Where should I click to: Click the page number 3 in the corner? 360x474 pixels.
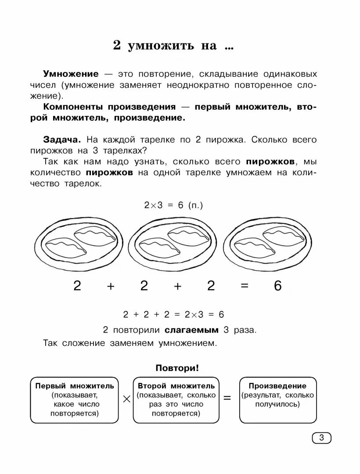coord(321,438)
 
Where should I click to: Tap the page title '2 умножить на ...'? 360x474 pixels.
coord(174,46)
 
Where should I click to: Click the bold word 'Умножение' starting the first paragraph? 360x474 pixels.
coord(71,74)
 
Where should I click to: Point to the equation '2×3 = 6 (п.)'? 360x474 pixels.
coord(174,205)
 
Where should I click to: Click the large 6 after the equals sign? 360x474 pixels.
coord(277,286)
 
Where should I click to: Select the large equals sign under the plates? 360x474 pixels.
coord(245,286)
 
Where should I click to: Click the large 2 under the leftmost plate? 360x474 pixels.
coord(77,286)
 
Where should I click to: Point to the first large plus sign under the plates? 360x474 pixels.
coord(111,286)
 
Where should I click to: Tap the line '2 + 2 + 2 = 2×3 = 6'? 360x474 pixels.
coord(174,314)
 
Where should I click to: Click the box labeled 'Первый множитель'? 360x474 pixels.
coord(75,399)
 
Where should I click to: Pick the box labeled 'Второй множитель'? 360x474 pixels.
coord(176,399)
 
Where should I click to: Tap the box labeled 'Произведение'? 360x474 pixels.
coord(277,399)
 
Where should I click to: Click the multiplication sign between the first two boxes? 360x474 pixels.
coord(126,399)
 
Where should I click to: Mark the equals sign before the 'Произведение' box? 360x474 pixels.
coord(227,399)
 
